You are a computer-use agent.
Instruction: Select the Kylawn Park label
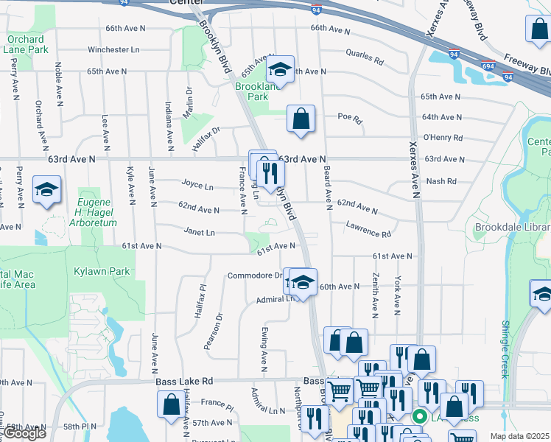pyautogui.click(x=102, y=271)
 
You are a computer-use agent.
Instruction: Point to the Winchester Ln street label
pyautogui.click(x=113, y=50)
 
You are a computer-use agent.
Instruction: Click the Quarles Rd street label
pyautogui.click(x=365, y=56)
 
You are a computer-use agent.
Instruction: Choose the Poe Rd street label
pyautogui.click(x=350, y=119)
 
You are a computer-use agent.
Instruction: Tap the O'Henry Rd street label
pyautogui.click(x=443, y=138)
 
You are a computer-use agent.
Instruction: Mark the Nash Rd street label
pyautogui.click(x=441, y=180)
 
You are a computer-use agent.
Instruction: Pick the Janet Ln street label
pyautogui.click(x=200, y=233)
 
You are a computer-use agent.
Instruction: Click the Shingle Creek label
pyautogui.click(x=505, y=349)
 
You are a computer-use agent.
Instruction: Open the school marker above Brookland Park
pyautogui.click(x=280, y=70)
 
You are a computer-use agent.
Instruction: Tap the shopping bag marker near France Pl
pyautogui.click(x=172, y=404)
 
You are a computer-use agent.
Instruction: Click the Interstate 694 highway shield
pyautogui.click(x=487, y=66)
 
